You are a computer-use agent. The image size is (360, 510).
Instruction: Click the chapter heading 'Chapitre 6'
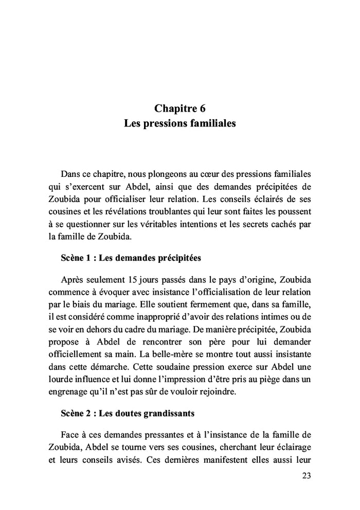click(180, 108)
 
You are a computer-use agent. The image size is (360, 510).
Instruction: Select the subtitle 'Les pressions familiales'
click(180, 124)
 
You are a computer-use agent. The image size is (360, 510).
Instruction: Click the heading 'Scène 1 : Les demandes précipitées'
click(131, 258)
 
